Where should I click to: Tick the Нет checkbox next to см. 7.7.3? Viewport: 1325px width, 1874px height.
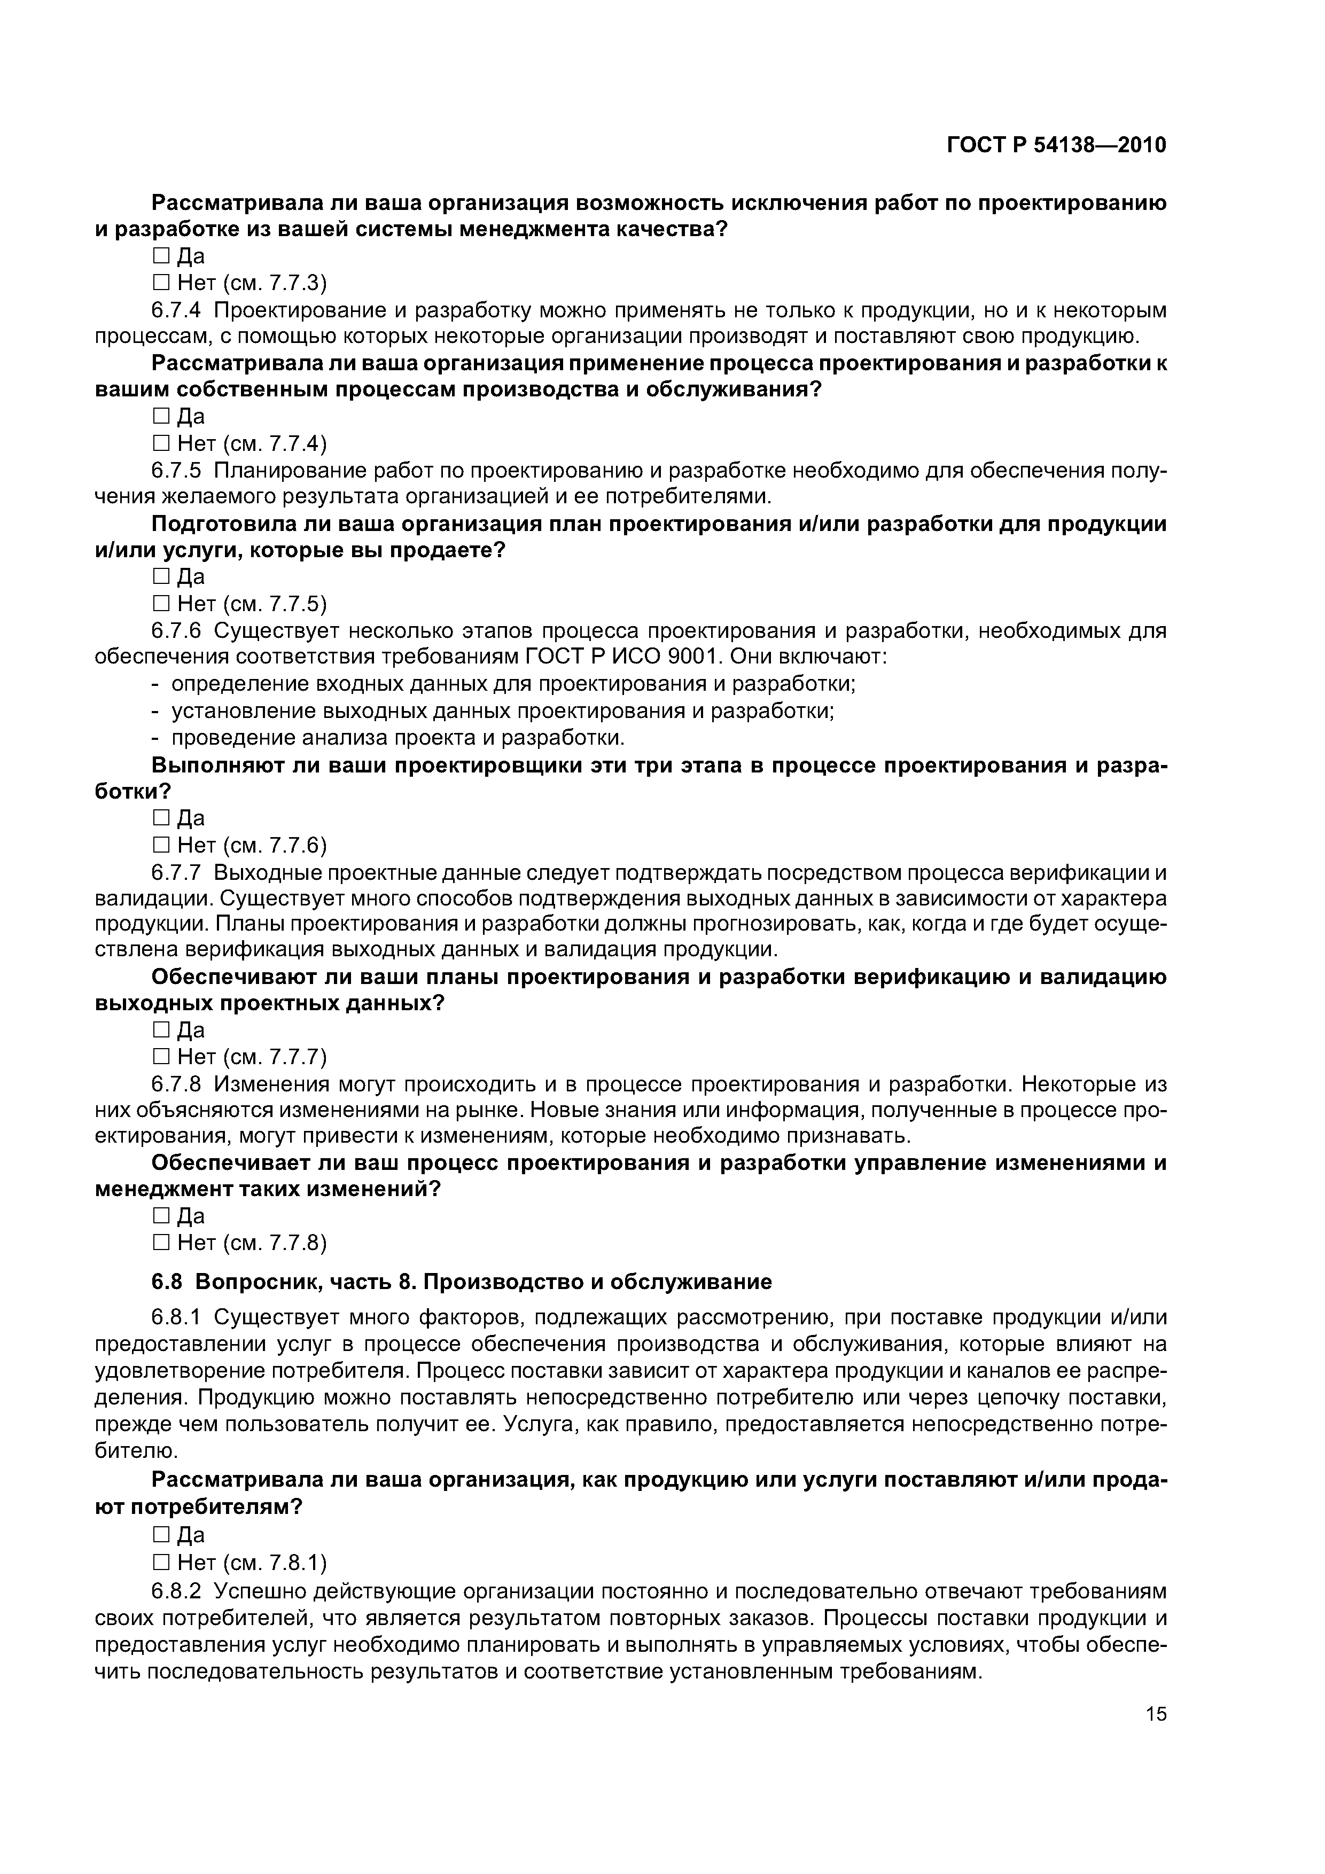tap(160, 283)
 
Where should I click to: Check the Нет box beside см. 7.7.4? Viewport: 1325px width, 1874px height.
tap(160, 443)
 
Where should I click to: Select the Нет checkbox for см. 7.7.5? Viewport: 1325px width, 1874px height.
tap(160, 603)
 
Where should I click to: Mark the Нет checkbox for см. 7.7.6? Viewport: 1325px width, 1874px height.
tap(160, 845)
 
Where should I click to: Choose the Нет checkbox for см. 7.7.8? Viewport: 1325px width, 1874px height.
tap(160, 1243)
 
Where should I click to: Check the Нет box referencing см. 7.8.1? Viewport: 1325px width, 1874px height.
tap(160, 1563)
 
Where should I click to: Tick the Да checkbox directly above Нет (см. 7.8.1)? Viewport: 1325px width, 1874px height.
tap(160, 1535)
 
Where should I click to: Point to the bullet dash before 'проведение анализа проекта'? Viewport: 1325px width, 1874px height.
tap(156, 738)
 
